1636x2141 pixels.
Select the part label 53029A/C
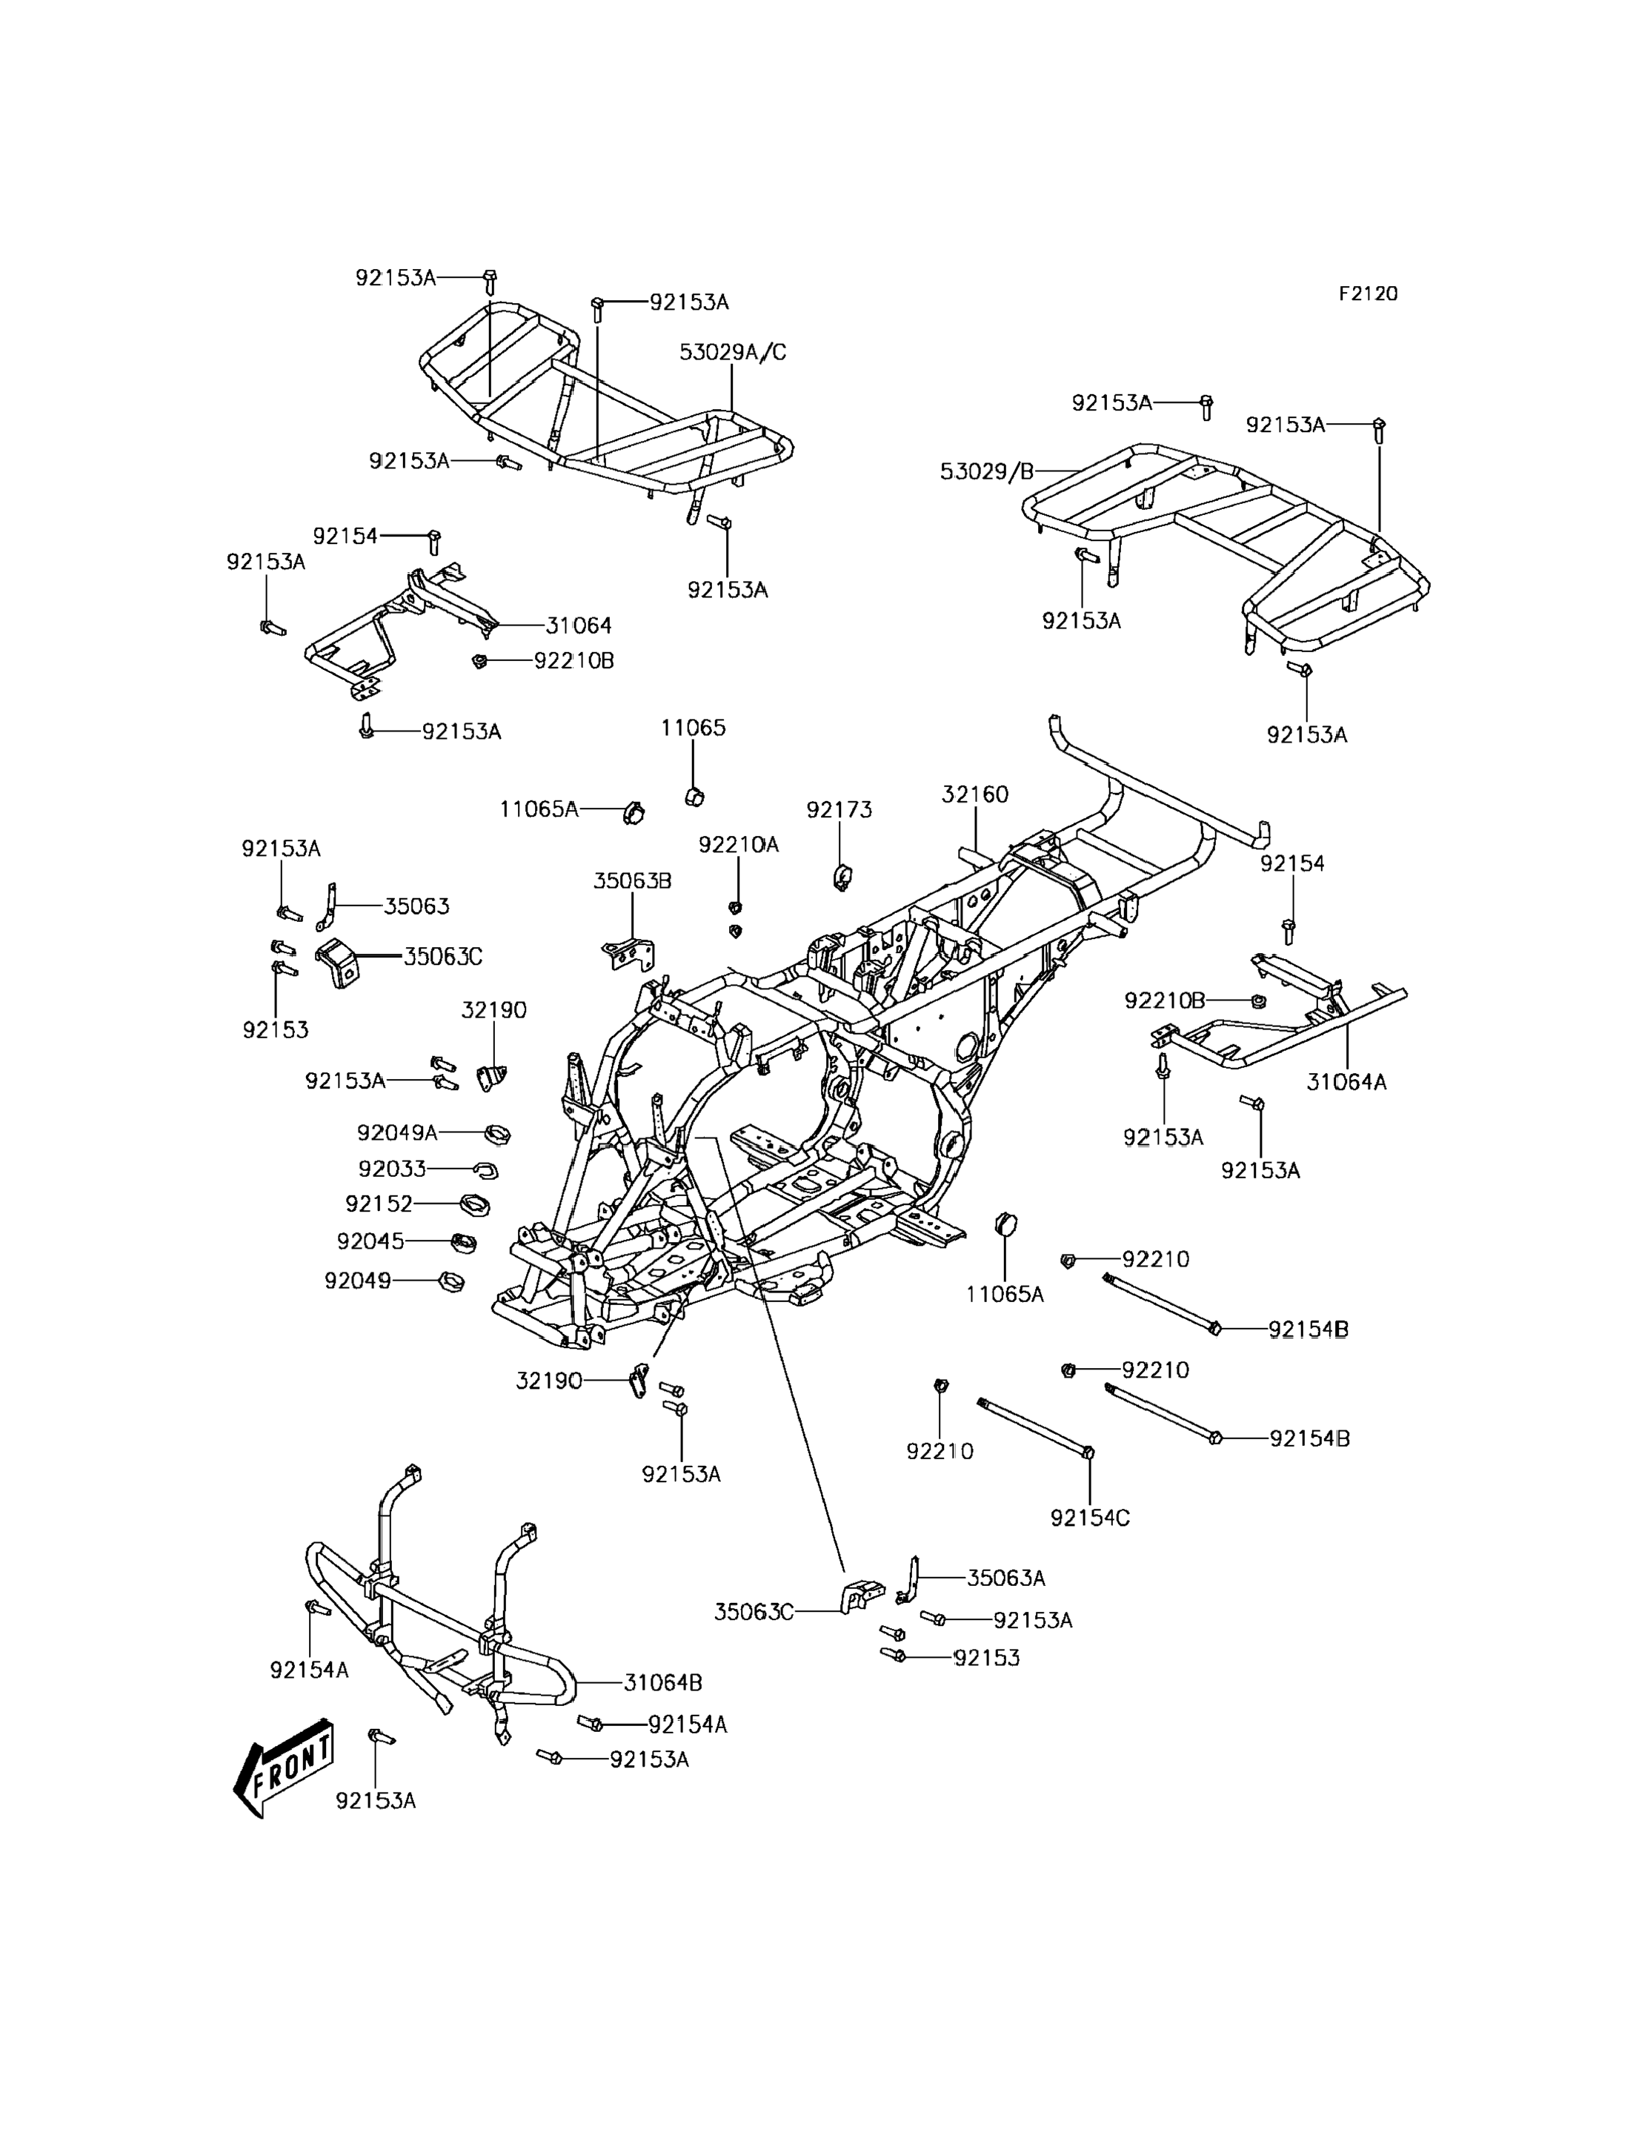click(732, 353)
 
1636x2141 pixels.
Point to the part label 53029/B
click(986, 472)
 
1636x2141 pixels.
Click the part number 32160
click(975, 794)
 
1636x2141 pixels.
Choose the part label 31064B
click(663, 1682)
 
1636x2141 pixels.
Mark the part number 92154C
click(1090, 1518)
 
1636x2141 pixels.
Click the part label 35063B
click(632, 880)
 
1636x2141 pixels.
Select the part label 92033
click(393, 1168)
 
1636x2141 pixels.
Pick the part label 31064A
click(1346, 1081)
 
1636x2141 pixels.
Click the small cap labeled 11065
click(694, 797)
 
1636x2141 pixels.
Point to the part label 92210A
click(738, 845)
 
